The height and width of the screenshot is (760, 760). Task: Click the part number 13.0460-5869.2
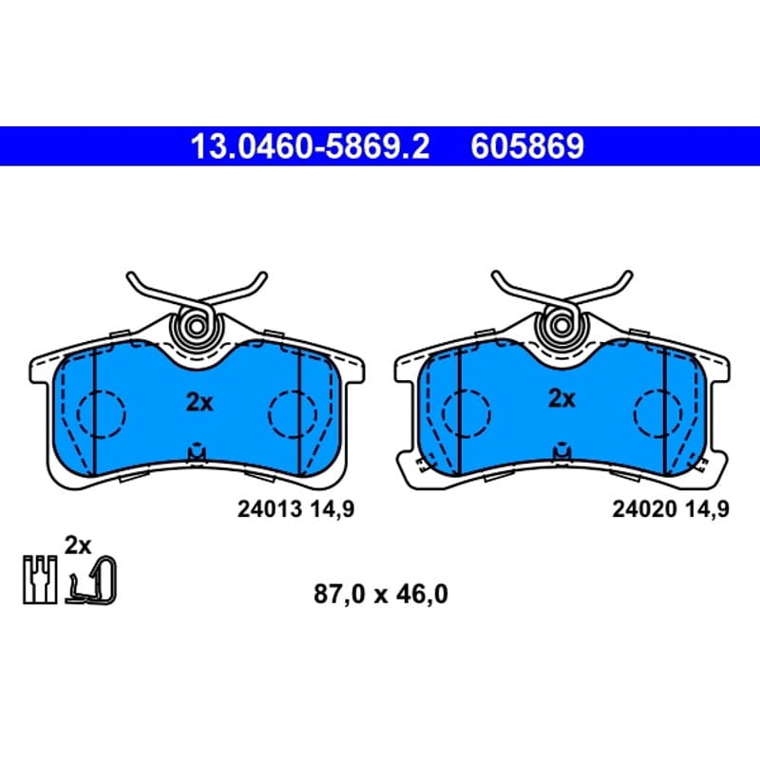coord(311,146)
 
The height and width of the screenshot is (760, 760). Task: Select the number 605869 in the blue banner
coord(527,146)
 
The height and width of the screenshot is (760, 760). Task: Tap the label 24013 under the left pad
coord(270,509)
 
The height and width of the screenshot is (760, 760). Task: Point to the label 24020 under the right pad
coord(645,509)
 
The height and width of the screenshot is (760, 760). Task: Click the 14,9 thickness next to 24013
coord(332,509)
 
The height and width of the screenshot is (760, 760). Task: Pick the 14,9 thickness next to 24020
coord(707,509)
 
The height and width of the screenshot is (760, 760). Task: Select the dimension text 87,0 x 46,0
coord(381,595)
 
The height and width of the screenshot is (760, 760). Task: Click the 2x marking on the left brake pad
coord(199,402)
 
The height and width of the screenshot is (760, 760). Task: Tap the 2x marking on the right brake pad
coord(561,399)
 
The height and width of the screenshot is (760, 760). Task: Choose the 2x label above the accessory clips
coord(78,545)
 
